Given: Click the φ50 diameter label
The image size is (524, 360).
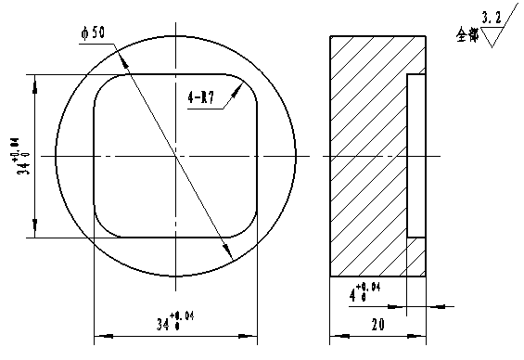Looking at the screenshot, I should click(94, 32).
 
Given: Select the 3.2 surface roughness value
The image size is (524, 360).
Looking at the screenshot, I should click(492, 17).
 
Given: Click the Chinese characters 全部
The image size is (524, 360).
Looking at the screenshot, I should click(466, 34).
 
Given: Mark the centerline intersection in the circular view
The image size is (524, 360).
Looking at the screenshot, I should click(175, 155).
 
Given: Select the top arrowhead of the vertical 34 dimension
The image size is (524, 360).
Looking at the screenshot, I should click(35, 79).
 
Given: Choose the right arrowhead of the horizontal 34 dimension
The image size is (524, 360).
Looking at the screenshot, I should click(251, 335).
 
